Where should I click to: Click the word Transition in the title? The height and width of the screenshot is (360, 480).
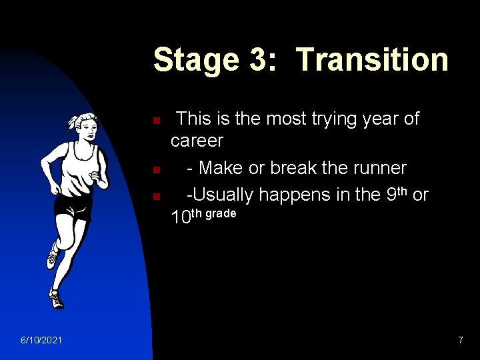(372, 59)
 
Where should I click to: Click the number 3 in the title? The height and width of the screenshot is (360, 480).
(259, 59)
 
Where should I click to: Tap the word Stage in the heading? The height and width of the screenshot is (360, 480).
(197, 59)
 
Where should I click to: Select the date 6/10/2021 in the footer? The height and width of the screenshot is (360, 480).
(41, 341)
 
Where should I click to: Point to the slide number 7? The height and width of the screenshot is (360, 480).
(460, 341)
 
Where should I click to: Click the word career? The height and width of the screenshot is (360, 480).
(197, 141)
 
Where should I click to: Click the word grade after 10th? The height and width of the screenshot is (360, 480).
(221, 214)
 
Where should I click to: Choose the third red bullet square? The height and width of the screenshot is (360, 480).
(155, 197)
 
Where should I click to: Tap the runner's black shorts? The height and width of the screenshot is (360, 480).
(73, 207)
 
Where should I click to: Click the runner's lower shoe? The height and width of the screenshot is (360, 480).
(57, 299)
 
